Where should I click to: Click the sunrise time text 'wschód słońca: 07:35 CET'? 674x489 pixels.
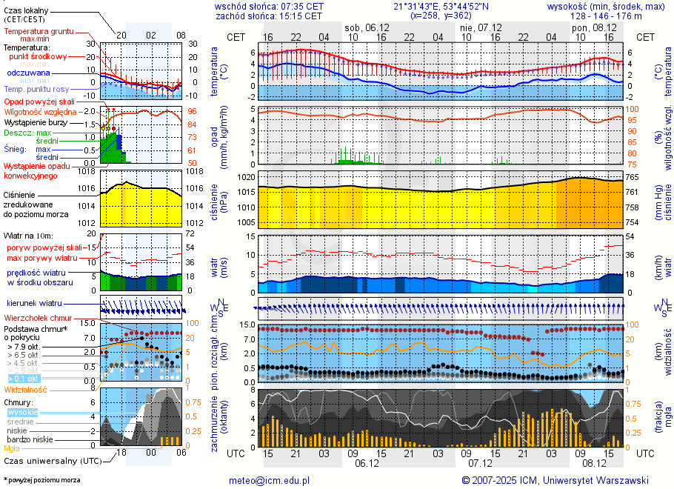[x=269, y=6]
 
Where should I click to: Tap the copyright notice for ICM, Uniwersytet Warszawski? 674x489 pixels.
[x=555, y=480]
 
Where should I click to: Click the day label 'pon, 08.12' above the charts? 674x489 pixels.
[x=590, y=27]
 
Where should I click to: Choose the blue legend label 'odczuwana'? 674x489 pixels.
[x=28, y=73]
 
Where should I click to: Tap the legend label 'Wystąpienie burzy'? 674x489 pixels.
[x=36, y=122]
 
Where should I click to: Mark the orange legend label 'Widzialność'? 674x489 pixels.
[x=26, y=389]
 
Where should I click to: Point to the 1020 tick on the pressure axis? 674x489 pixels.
[x=247, y=177]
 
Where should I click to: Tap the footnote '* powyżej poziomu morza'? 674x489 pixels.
[x=41, y=480]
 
